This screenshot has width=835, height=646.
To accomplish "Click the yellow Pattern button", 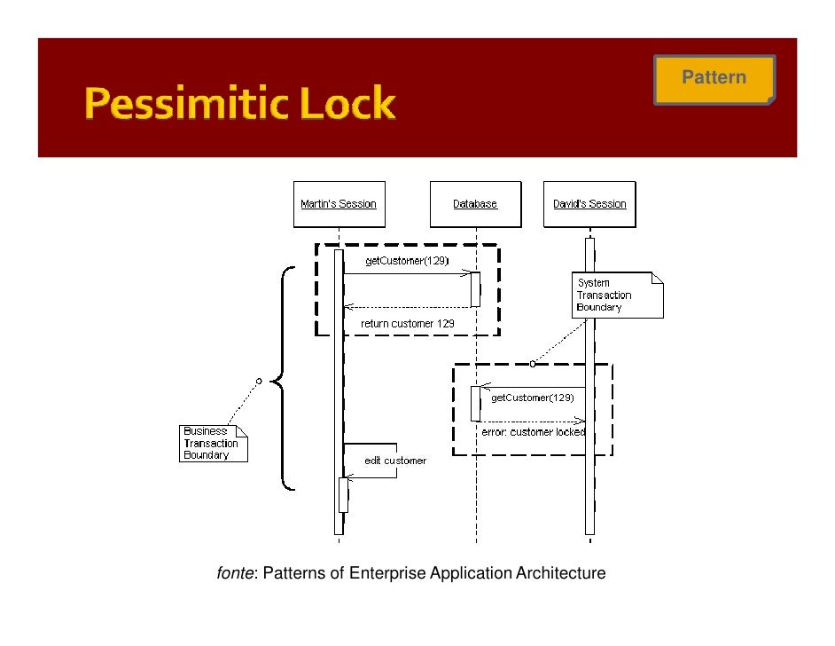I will pyautogui.click(x=714, y=78).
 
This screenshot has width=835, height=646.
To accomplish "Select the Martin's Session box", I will pyautogui.click(x=338, y=204).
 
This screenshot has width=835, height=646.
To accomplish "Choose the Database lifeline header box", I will pyautogui.click(x=475, y=204).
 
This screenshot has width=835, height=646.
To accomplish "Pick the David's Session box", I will pyautogui.click(x=589, y=204).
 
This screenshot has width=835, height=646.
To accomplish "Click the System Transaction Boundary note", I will pyautogui.click(x=617, y=295).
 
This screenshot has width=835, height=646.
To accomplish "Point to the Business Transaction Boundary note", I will pyautogui.click(x=212, y=444).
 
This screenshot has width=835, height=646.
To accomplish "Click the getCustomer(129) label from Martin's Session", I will pyautogui.click(x=407, y=261).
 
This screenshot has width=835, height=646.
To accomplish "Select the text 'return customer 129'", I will pyautogui.click(x=408, y=324).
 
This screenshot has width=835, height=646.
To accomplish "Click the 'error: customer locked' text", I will pyautogui.click(x=533, y=432).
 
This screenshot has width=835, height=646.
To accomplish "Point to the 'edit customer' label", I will pyautogui.click(x=395, y=461).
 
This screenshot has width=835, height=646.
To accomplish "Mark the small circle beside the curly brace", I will pyautogui.click(x=259, y=381).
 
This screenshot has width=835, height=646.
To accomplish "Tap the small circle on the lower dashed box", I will pyautogui.click(x=533, y=364).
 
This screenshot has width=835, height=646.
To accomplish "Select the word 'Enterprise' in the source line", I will pyautogui.click(x=387, y=573).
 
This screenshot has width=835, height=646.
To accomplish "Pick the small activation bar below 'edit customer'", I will pyautogui.click(x=344, y=495).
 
